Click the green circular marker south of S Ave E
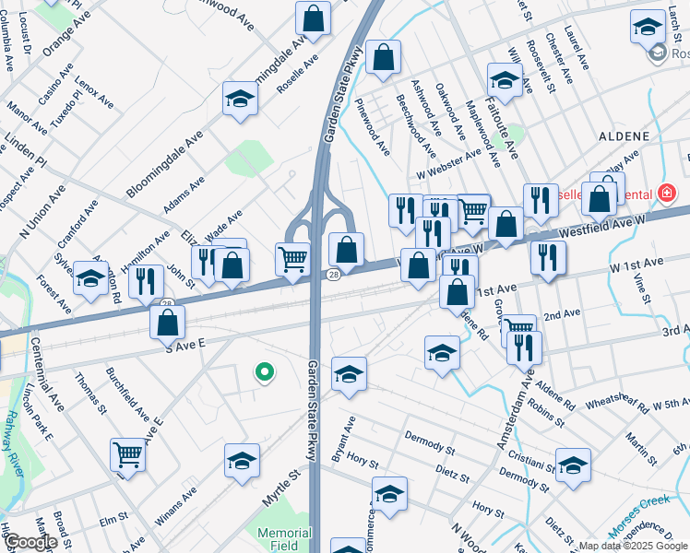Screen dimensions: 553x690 (264, 373)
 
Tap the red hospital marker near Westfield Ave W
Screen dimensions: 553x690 (666, 194)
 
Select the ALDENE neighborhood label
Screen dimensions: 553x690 (624, 136)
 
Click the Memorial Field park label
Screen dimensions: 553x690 (284, 539)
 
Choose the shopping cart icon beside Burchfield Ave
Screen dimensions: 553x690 (127, 453)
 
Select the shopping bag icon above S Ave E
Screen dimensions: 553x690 (168, 323)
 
